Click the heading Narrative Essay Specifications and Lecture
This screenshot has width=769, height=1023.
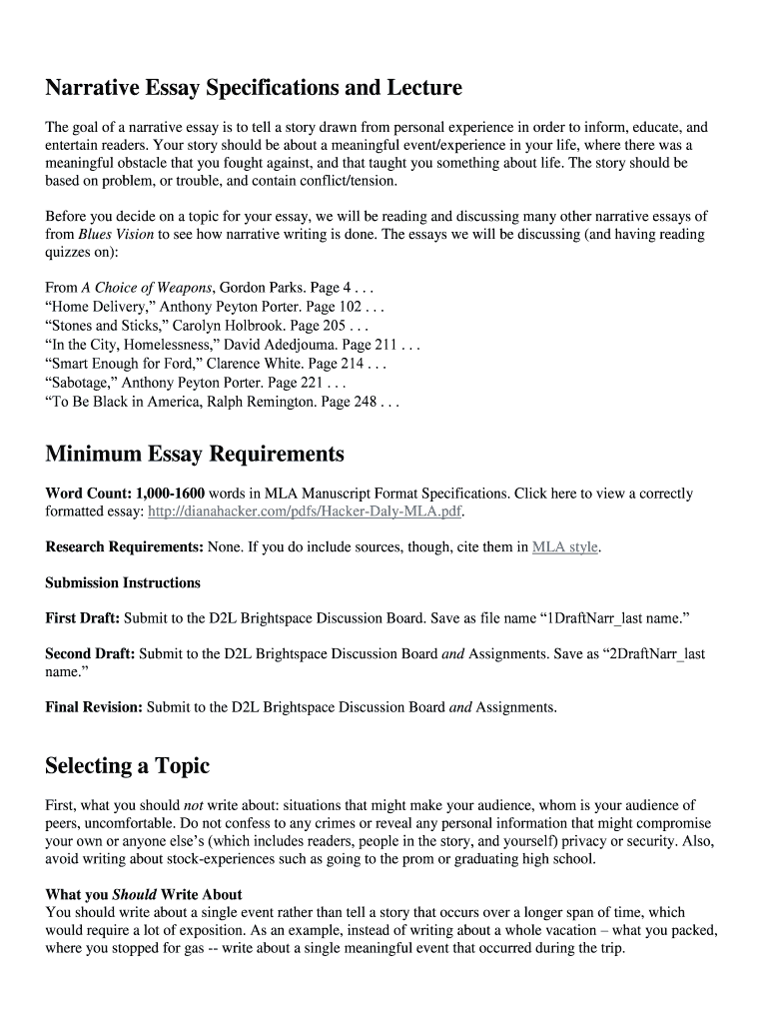[254, 88]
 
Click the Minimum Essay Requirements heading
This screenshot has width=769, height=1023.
[195, 455]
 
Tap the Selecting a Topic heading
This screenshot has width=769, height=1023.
[128, 766]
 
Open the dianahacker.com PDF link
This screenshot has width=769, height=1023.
[306, 511]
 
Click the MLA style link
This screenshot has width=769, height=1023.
[565, 547]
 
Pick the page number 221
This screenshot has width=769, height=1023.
[332, 383]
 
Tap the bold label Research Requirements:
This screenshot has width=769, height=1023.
[124, 547]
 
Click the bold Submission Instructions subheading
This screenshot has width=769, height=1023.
[123, 582]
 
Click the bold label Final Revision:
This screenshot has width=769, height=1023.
[94, 707]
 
